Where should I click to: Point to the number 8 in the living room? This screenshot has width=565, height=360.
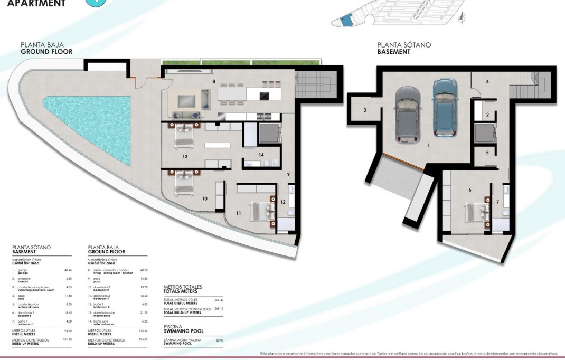coord(213,82)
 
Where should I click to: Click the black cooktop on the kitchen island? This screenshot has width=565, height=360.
coord(265,96)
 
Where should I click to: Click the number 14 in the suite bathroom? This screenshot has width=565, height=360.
coord(261,155)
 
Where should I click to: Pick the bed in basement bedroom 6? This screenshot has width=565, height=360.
coord(476,213)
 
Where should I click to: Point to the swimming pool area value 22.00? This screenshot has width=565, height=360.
coord(220,340)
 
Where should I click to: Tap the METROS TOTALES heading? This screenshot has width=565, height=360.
coord(183,287)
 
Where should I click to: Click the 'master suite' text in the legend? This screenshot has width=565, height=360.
coord(101,315)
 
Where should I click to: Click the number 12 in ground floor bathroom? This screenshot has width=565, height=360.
coord(282,202)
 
